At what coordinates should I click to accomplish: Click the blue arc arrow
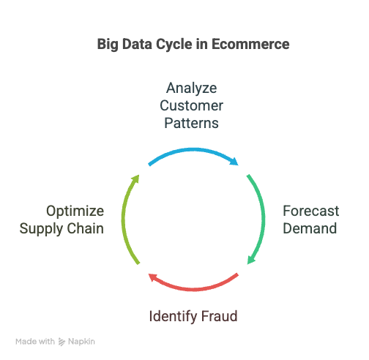(x=193, y=150)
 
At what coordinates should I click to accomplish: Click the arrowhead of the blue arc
(x=234, y=162)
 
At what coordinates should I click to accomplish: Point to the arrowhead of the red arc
(x=153, y=277)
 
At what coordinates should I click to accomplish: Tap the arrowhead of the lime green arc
(x=135, y=179)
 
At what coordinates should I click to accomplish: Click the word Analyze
(x=192, y=88)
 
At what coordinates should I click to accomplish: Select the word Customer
(x=192, y=105)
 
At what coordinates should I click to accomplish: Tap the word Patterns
(x=192, y=123)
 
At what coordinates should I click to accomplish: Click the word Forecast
(x=311, y=211)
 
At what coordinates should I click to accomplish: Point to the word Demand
(x=310, y=228)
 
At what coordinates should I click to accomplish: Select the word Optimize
(x=75, y=211)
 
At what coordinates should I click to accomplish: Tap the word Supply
(x=41, y=229)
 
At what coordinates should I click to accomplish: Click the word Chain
(x=86, y=228)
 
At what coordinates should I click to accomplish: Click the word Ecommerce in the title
(x=250, y=44)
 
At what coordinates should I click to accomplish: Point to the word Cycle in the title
(x=174, y=45)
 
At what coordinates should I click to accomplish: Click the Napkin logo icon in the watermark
(x=61, y=342)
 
